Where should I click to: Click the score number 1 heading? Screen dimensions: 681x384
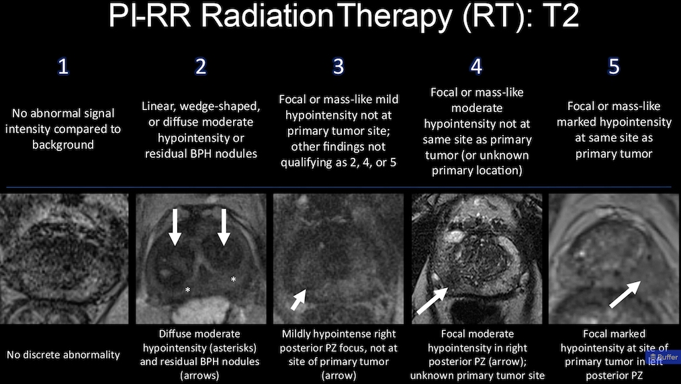point(63,66)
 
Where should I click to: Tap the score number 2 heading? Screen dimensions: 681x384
point(200,66)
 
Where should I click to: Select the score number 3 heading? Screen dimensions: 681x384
point(338,66)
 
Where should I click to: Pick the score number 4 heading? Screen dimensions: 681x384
point(476,66)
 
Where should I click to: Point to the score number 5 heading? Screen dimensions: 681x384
point(614,66)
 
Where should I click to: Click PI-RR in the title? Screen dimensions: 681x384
point(149,16)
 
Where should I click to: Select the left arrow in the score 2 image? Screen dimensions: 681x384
point(175,227)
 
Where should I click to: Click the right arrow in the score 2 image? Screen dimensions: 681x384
point(224,227)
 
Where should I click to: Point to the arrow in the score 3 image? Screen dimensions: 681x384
point(298,300)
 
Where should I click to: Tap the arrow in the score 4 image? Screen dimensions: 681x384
point(432,301)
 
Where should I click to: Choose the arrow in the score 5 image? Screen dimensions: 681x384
point(625,295)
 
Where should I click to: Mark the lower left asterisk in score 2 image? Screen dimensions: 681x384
point(187,289)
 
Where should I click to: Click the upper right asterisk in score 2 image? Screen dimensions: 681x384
point(233,279)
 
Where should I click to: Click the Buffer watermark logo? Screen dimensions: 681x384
point(664,357)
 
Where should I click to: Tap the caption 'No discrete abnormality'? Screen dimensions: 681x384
point(63,355)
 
